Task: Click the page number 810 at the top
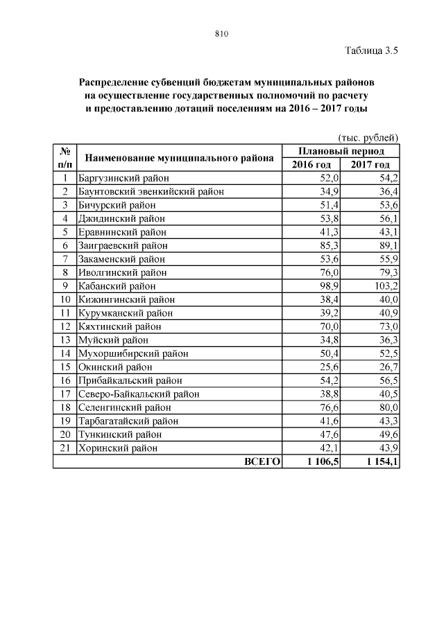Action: (221, 33)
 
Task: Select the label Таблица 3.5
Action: (370, 50)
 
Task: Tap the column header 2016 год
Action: (311, 164)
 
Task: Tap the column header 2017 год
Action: (370, 164)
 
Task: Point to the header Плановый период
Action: (341, 151)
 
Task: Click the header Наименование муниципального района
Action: (179, 158)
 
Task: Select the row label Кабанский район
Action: (117, 286)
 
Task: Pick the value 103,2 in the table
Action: (382, 286)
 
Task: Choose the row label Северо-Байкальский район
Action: (139, 394)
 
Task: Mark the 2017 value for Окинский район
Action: (385, 367)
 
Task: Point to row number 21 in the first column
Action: (64, 448)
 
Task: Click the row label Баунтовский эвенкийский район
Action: (151, 191)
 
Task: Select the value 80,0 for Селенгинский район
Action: (385, 407)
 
